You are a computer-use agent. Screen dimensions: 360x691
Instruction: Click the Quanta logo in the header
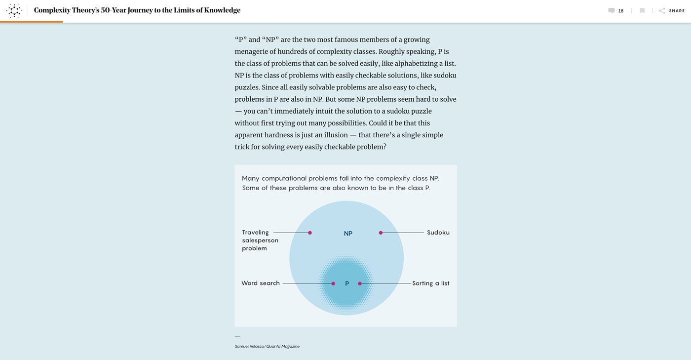[14, 10]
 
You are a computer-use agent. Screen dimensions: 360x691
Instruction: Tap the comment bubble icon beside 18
[612, 11]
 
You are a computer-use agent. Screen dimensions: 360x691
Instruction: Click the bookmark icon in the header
[642, 11]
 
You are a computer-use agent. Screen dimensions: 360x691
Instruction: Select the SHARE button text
[677, 11]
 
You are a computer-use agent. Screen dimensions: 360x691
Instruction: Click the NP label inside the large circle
[348, 234]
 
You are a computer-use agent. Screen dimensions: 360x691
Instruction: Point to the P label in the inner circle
[347, 283]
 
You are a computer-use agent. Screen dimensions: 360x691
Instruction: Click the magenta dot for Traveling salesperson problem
[310, 233]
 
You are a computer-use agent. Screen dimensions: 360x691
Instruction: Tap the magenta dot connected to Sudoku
[381, 233]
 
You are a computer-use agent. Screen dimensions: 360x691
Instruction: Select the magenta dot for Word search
[333, 283]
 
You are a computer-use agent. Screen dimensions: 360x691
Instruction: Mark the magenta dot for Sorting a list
[360, 283]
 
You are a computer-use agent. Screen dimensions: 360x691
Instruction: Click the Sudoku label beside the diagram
[438, 233]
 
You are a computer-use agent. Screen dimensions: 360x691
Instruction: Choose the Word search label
[261, 283]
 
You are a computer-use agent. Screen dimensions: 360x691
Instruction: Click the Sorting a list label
[431, 283]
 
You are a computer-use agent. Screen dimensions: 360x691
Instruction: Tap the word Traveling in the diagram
[255, 233]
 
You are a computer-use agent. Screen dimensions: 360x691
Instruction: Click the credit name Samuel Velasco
[249, 347]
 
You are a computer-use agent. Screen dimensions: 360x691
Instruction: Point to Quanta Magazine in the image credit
[283, 347]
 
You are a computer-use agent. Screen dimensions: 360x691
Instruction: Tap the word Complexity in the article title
[52, 10]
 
